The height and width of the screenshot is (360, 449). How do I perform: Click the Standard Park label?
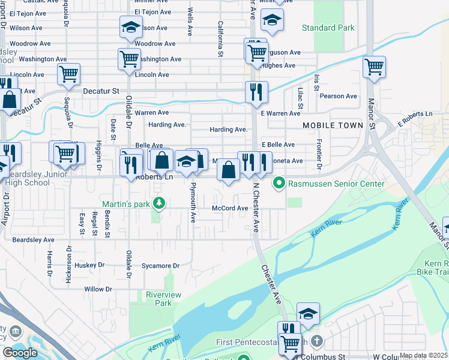(328, 28)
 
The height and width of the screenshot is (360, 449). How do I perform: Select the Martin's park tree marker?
(159, 204)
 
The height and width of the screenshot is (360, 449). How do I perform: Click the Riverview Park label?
(158, 299)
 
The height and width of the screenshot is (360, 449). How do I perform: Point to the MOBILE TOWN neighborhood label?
(333, 125)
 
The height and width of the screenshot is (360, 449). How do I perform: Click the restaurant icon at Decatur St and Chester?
(256, 92)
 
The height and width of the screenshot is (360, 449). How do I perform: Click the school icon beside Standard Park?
(272, 21)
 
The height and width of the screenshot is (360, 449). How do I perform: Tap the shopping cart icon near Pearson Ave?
(374, 67)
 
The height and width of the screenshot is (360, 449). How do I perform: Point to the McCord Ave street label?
(230, 208)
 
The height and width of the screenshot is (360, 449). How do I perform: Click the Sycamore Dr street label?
(160, 265)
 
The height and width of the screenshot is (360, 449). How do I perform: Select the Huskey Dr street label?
(90, 265)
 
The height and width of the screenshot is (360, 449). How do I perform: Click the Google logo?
(20, 353)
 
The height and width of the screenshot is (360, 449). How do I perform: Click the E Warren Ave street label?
(281, 113)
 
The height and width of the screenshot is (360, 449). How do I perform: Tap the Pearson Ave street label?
(339, 96)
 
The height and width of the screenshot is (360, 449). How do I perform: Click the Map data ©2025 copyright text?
(423, 356)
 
